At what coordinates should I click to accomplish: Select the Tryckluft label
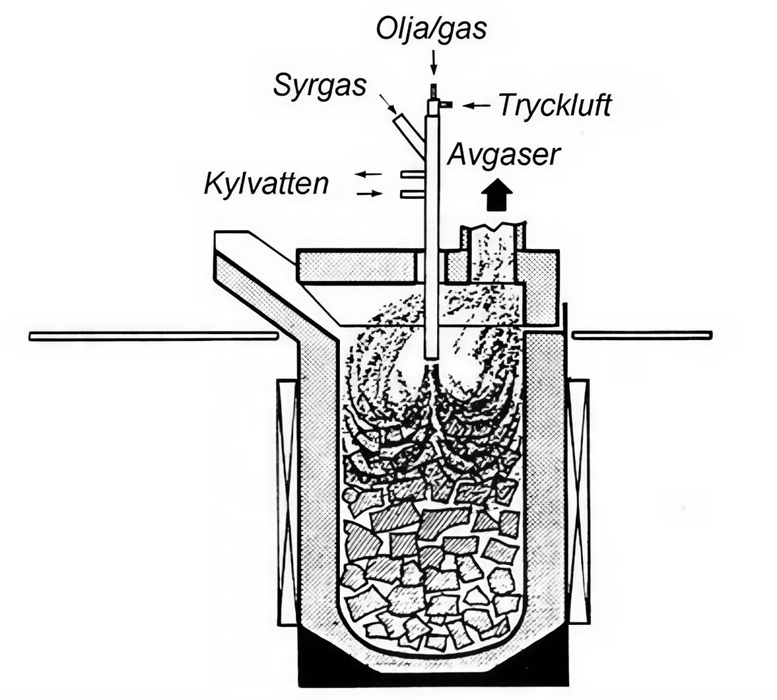pos(555,106)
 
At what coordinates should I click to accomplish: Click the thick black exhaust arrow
pos(496,195)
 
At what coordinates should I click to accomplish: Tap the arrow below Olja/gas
pos(433,60)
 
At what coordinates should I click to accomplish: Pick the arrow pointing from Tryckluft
pos(477,106)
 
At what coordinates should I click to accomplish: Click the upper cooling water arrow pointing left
pos(370,175)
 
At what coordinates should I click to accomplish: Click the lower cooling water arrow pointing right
pos(370,194)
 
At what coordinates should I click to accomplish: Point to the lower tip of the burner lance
pos(432,353)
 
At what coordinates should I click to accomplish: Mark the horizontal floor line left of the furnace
pos(152,335)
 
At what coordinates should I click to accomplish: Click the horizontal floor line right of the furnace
pos(641,335)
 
